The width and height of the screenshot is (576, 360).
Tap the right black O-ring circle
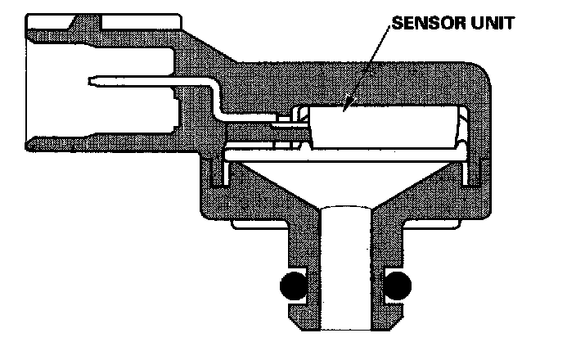coord(397,286)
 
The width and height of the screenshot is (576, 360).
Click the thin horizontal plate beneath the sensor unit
coord(344,152)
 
